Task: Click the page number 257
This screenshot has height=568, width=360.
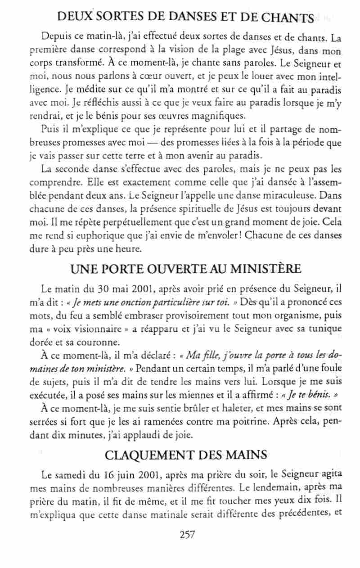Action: (x=186, y=534)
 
